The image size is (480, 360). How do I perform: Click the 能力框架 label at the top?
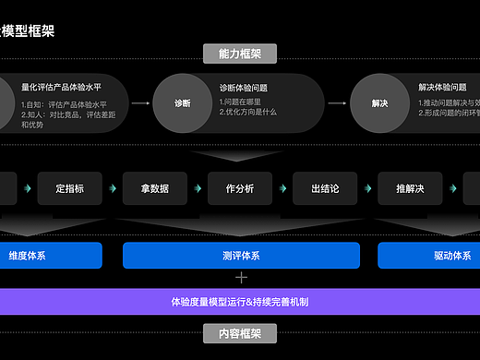pyautogui.click(x=241, y=54)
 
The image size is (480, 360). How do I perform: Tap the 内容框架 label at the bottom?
pyautogui.click(x=241, y=333)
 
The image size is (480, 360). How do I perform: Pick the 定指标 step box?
pyautogui.click(x=70, y=188)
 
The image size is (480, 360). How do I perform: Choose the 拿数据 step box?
pyautogui.click(x=155, y=188)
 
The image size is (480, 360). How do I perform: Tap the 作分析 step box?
pyautogui.click(x=240, y=188)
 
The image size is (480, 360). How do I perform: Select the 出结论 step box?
pyautogui.click(x=325, y=188)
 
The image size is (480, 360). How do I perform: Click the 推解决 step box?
pyautogui.click(x=410, y=188)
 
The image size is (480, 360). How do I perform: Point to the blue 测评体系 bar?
pyautogui.click(x=241, y=256)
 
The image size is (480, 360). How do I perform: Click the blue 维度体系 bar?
pyautogui.click(x=51, y=256)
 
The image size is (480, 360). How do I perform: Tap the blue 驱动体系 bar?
pyautogui.click(x=429, y=256)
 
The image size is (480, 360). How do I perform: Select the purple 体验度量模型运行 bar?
pyautogui.click(x=240, y=301)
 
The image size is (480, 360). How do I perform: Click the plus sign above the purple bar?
pyautogui.click(x=242, y=277)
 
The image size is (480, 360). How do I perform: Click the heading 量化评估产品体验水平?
pyautogui.click(x=61, y=88)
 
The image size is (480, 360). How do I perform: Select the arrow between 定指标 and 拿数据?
pyautogui.click(x=113, y=188)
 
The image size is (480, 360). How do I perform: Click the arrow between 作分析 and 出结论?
pyautogui.click(x=282, y=188)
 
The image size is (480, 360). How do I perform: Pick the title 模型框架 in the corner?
pyautogui.click(x=28, y=30)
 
